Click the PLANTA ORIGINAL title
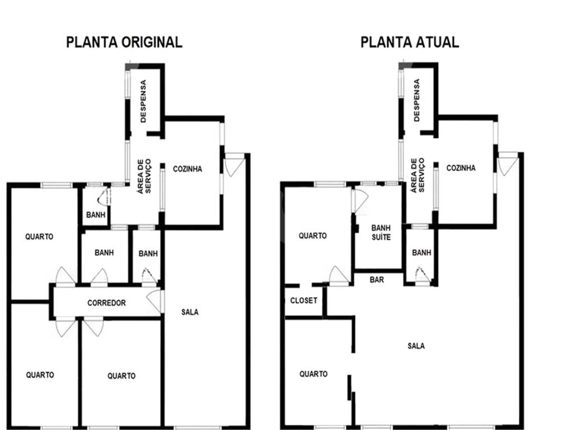tap(124, 42)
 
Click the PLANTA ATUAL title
tap(410, 42)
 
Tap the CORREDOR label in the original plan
tap(106, 303)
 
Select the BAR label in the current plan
tap(377, 280)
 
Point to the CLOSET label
tap(304, 301)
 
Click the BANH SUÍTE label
tap(381, 232)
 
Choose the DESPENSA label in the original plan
tap(143, 101)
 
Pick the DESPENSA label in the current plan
tap(416, 100)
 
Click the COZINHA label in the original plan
tap(187, 169)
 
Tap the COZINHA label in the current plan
tap(461, 168)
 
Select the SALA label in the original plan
tap(190, 312)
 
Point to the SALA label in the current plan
tap(416, 345)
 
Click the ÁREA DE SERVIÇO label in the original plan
tap(144, 176)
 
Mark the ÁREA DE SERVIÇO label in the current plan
tap(417, 175)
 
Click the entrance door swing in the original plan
tap(234, 165)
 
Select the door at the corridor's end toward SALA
tap(155, 301)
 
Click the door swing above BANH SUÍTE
tap(360, 200)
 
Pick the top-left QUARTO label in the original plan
tap(39, 237)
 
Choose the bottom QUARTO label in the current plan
tap(313, 373)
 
